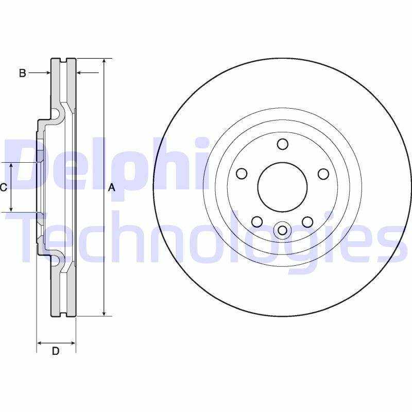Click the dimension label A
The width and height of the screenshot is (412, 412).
coord(111,188)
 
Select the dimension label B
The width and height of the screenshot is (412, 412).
coord(22,73)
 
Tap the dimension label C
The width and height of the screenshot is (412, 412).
coord(3,187)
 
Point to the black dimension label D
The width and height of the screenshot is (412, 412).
coord(56,352)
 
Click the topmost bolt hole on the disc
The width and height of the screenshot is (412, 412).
coord(282,144)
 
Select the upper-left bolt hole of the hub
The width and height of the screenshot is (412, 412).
coord(241,174)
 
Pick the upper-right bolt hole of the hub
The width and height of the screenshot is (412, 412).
coord(323,174)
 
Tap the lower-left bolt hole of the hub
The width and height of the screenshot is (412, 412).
coord(256,222)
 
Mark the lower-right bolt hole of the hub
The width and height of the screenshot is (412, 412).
coord(307,222)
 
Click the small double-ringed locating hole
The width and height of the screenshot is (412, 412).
coord(282,230)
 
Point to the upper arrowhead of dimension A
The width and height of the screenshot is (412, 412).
coord(105,61)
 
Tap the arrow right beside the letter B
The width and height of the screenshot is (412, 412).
coord(47,73)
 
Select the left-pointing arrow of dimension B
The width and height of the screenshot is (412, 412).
coord(80,73)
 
